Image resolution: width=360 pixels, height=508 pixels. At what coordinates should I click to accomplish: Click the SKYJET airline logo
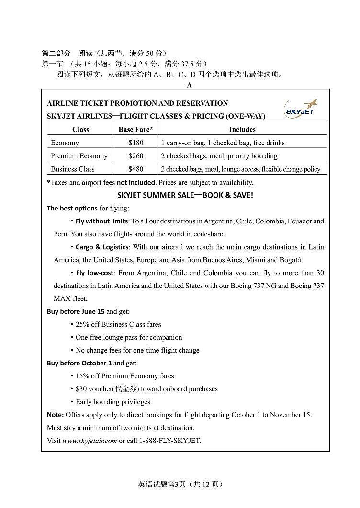tap(300, 109)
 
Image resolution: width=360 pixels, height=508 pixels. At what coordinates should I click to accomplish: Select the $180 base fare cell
tap(136, 143)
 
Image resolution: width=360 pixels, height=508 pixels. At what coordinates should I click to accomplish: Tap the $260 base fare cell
tap(136, 156)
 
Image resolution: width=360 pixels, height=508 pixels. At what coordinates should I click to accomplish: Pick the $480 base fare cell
tap(136, 169)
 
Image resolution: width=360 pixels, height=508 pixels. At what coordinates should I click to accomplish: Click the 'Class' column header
tap(80, 129)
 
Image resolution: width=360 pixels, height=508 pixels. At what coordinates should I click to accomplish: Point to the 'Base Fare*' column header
tap(136, 129)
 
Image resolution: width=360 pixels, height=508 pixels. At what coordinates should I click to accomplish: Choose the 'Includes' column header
tap(242, 129)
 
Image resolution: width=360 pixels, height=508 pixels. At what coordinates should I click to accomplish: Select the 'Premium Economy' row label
tap(79, 156)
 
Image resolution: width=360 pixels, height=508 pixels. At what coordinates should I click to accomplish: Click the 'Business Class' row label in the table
tap(73, 169)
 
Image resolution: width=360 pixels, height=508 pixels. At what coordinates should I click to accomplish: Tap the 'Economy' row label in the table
tap(65, 143)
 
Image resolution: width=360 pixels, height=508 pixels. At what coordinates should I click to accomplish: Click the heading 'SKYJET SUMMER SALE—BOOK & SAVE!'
tap(185, 195)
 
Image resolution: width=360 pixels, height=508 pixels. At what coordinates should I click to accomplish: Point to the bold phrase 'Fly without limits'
tap(101, 221)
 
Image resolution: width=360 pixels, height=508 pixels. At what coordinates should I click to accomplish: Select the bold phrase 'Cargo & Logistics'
tap(102, 247)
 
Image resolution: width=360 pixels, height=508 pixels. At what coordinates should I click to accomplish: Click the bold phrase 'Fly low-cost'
tap(95, 273)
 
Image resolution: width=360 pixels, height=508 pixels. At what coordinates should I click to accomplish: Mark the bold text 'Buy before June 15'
tap(76, 311)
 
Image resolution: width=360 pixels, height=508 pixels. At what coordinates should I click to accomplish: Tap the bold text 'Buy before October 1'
tap(79, 363)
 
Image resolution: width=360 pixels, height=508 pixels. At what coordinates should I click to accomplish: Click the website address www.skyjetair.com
tap(90, 441)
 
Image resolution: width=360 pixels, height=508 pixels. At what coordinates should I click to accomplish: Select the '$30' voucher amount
tap(81, 389)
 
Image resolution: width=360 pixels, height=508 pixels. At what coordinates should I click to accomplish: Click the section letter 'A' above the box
tap(189, 85)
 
